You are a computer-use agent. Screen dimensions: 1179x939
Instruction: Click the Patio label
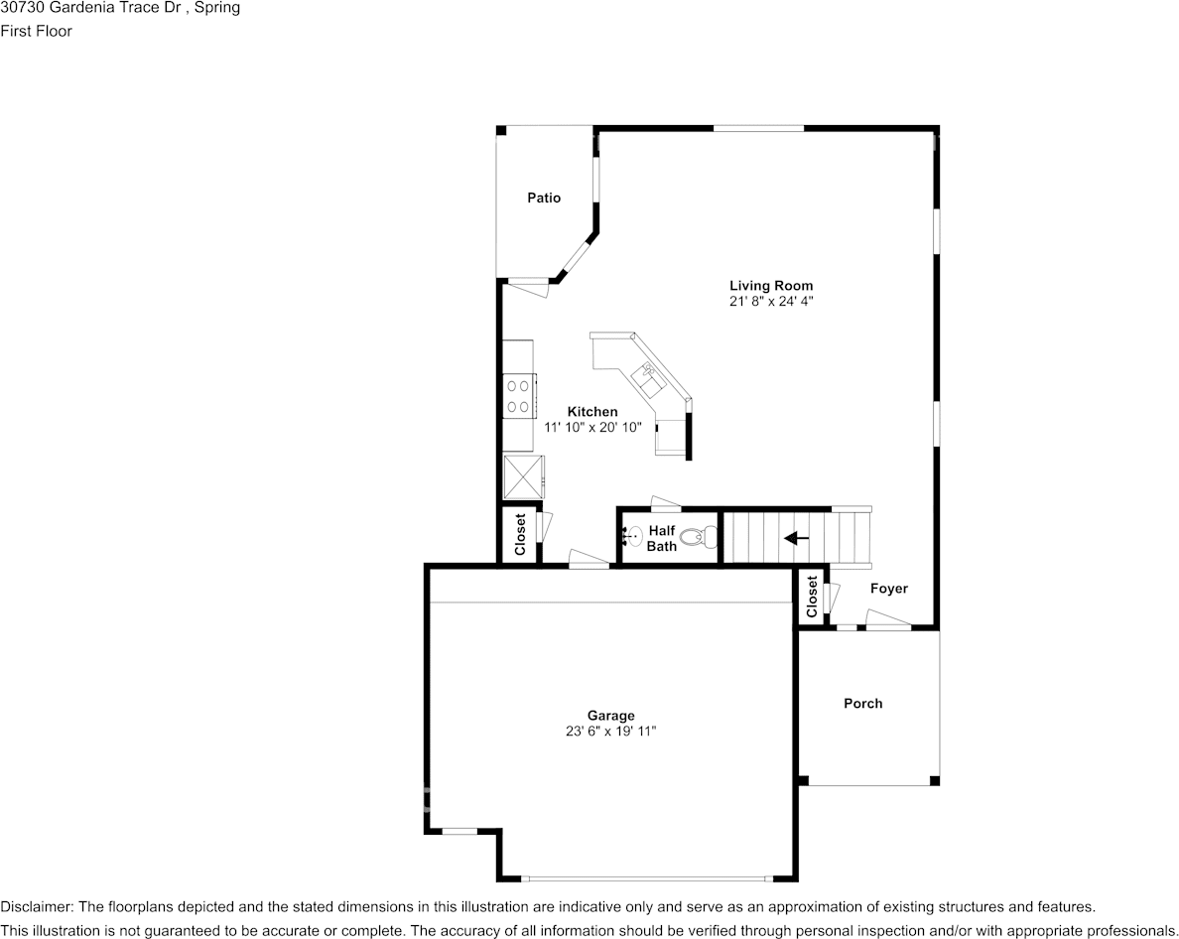[544, 198]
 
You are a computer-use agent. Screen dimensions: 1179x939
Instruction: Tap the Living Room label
[771, 286]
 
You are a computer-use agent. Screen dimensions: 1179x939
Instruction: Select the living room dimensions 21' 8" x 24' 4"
[771, 302]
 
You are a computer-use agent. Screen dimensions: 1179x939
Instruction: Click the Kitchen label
[592, 411]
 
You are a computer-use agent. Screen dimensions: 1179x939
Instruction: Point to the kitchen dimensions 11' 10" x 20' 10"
[592, 427]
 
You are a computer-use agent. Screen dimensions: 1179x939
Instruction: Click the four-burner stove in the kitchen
[519, 395]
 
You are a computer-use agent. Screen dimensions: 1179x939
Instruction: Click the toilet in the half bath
[700, 537]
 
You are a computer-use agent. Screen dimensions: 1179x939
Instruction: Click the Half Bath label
[662, 538]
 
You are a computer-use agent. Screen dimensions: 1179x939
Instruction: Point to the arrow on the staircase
[796, 538]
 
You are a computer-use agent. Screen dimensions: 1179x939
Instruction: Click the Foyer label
[889, 589]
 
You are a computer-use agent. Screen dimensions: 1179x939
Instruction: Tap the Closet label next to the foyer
[812, 597]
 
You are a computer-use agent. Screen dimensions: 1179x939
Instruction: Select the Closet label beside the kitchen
[520, 535]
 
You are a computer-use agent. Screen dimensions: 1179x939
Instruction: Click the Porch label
[863, 704]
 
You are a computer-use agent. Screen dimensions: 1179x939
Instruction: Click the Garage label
[610, 716]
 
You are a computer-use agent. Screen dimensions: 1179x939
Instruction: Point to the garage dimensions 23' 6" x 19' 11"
[610, 731]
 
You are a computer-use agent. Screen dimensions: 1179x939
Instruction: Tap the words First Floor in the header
[36, 31]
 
